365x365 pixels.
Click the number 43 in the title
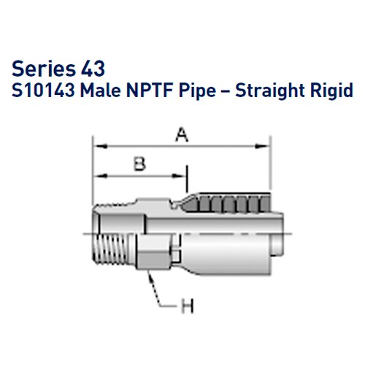[93, 69]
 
